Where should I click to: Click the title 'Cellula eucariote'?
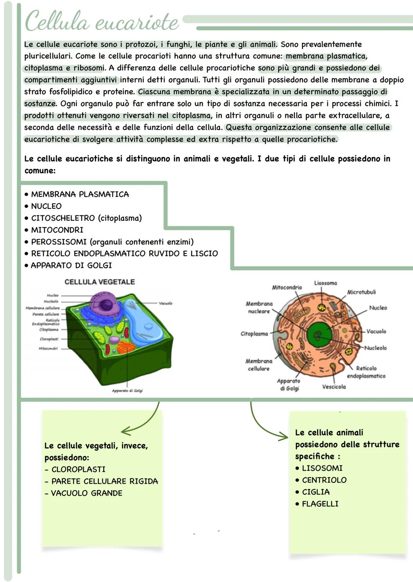tap(101, 21)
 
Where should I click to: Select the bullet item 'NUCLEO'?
tap(46, 206)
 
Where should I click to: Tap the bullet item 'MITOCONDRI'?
tap(57, 230)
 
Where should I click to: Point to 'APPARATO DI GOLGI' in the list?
tap(71, 265)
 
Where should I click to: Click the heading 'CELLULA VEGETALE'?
tap(99, 282)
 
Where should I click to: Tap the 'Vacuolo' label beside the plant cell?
tap(165, 303)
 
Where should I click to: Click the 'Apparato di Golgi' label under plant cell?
tap(127, 391)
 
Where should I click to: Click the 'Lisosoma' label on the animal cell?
tap(325, 283)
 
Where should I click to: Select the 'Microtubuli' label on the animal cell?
tap(361, 292)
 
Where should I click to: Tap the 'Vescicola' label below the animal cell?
tap(334, 387)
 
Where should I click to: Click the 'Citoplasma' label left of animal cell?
tap(254, 334)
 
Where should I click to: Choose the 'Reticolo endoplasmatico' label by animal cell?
tap(366, 372)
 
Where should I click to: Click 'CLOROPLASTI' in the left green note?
tap(78, 469)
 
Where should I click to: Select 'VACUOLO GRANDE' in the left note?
tap(86, 493)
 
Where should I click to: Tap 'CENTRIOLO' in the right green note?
tap(324, 480)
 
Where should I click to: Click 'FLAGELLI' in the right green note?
tap(320, 504)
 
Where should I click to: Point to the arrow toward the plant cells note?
tap(141, 424)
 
